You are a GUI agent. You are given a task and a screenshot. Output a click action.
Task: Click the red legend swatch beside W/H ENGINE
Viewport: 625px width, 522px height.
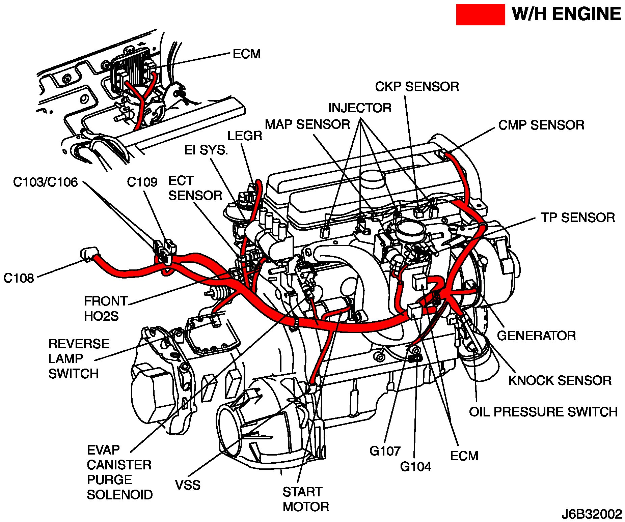tap(480, 14)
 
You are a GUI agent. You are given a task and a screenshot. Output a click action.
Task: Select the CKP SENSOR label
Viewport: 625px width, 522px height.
tap(417, 87)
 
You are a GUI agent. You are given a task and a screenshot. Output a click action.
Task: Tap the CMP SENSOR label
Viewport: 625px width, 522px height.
tap(541, 125)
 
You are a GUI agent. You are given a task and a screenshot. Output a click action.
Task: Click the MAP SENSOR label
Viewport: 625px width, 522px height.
tap(307, 124)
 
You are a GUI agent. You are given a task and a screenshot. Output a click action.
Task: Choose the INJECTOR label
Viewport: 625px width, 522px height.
tap(360, 108)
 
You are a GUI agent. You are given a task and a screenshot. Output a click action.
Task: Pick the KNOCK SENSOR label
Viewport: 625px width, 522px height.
tap(560, 380)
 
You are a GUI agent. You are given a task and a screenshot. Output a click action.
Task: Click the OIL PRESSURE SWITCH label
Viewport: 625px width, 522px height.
tap(543, 412)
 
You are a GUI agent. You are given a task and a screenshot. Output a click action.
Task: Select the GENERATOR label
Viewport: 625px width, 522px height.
tap(536, 336)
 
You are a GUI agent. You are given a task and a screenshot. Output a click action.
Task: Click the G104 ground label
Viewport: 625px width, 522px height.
tap(415, 467)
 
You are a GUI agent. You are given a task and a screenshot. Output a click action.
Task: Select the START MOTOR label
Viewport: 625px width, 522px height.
tap(305, 499)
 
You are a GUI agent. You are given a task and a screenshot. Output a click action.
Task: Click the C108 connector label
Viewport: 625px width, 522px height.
tap(19, 278)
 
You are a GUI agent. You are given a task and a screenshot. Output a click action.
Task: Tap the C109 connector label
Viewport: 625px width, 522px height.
tap(142, 182)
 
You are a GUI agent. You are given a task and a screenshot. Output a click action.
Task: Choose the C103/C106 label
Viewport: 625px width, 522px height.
tap(45, 182)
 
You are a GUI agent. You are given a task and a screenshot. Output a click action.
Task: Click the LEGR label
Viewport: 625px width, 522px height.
tap(245, 136)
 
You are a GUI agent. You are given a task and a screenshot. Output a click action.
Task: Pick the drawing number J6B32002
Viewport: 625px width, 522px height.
tap(592, 514)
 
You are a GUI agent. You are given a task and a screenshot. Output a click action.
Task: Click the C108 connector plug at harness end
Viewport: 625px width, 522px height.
tap(88, 254)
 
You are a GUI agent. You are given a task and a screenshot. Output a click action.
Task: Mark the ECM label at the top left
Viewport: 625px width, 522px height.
tap(247, 54)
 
